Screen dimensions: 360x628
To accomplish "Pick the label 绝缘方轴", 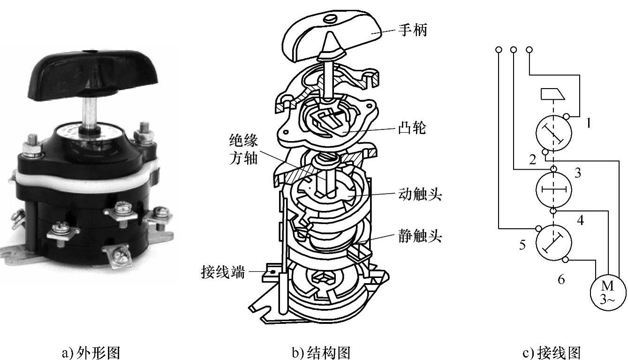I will click(x=243, y=149).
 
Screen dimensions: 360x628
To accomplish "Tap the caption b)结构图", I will click(x=322, y=352).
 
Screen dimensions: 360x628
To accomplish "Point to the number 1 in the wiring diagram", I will click(x=588, y=123).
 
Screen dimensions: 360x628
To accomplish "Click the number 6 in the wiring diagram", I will click(x=561, y=280).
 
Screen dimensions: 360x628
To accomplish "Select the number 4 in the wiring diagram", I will click(x=580, y=220).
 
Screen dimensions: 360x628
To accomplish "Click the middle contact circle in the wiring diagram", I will click(x=554, y=189).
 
